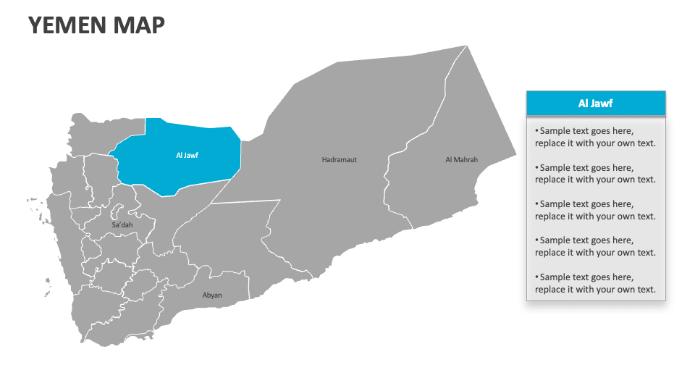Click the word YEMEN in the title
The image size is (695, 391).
[x=68, y=25]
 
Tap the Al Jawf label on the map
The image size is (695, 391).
[x=187, y=155]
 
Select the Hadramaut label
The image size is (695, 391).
[x=339, y=159]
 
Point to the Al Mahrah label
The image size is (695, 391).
[x=461, y=159]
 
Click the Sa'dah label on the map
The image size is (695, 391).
[x=122, y=225]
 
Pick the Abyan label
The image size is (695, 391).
[x=212, y=295]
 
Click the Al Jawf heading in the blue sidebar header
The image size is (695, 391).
[x=595, y=104]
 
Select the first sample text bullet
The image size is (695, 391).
[x=595, y=137]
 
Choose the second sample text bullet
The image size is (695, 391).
[x=595, y=173]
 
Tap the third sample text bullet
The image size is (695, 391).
[x=595, y=210]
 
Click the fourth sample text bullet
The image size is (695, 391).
[x=595, y=246]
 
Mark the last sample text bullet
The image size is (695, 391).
[x=595, y=283]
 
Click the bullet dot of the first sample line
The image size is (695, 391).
[x=537, y=131]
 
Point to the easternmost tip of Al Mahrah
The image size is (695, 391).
[x=515, y=154]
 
